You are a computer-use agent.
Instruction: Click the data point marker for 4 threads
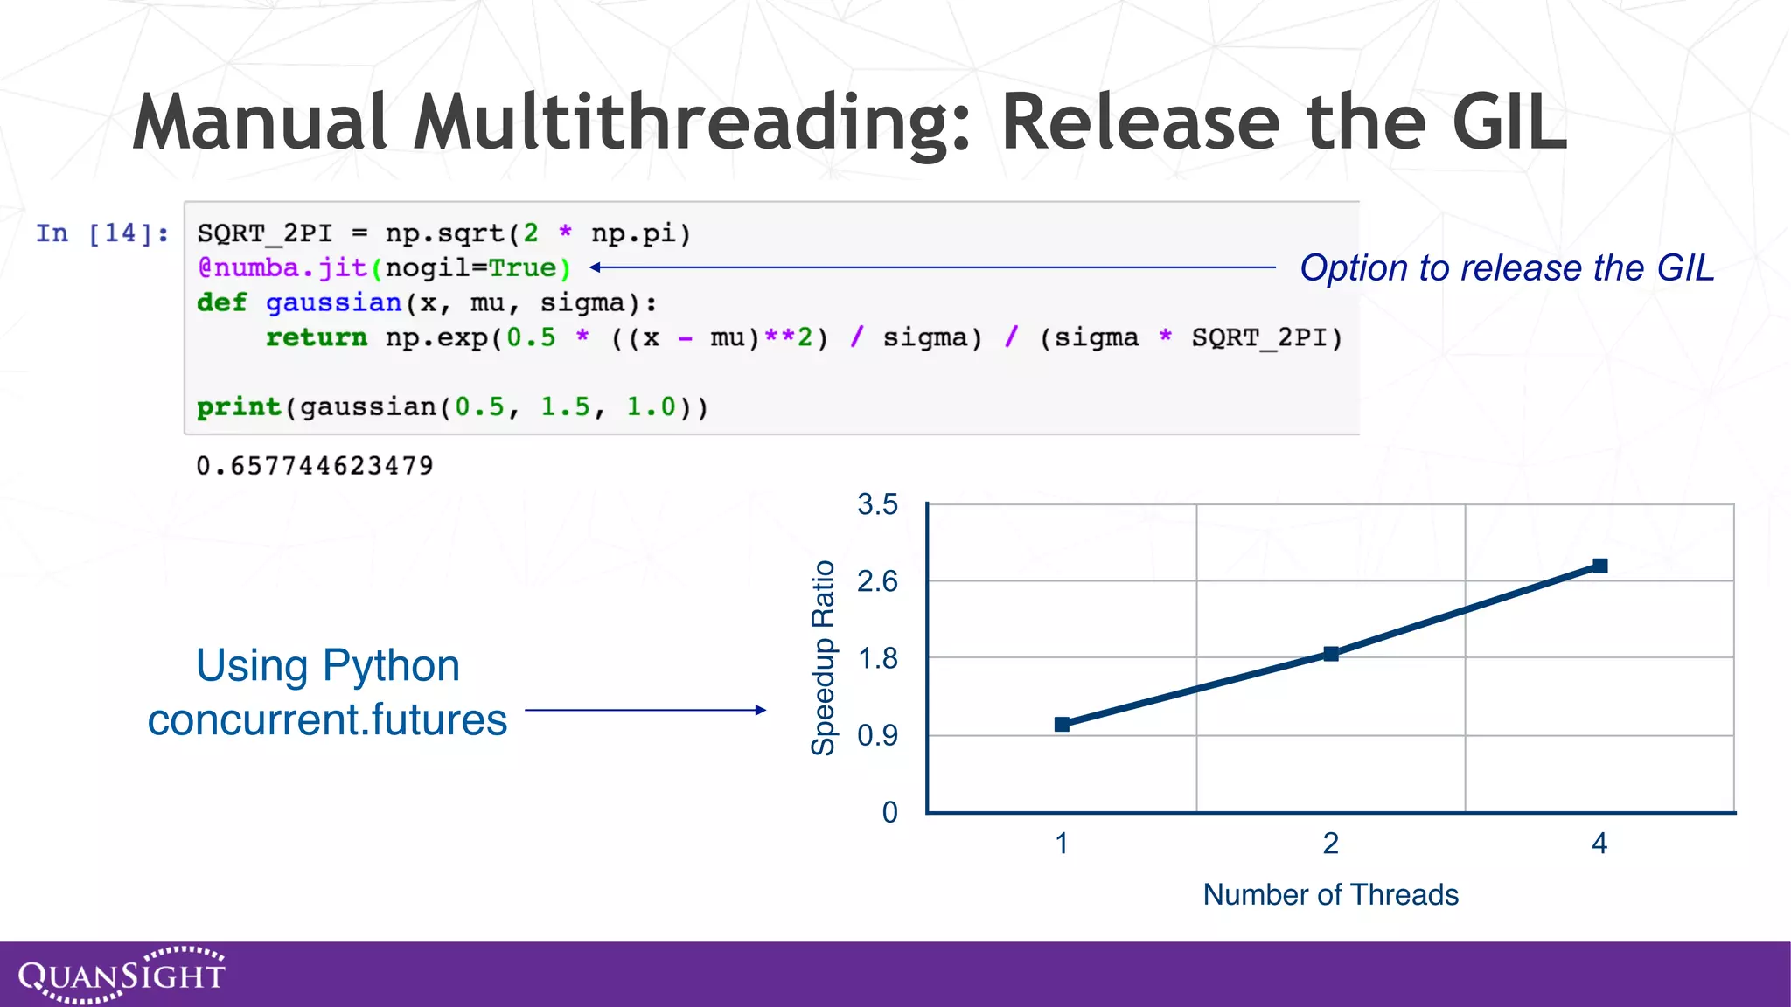(x=1599, y=566)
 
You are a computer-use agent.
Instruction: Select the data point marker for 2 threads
(x=1331, y=654)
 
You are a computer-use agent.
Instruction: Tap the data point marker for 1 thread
(x=1062, y=724)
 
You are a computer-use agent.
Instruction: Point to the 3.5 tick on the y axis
(x=877, y=504)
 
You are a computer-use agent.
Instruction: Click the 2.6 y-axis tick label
(x=877, y=581)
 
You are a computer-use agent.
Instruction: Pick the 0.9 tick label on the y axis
(x=877, y=736)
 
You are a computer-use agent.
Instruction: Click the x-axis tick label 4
(x=1599, y=844)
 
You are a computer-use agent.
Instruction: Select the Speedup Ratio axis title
(x=823, y=657)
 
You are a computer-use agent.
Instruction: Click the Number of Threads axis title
(x=1330, y=894)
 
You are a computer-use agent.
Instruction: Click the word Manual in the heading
(x=261, y=122)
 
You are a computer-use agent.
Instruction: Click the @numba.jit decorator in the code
(x=282, y=268)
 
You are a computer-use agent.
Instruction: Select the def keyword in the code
(x=221, y=302)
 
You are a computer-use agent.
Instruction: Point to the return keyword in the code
(x=316, y=337)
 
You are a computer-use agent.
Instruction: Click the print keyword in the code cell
(x=238, y=407)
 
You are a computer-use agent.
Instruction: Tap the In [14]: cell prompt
(x=102, y=233)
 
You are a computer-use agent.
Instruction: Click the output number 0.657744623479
(x=315, y=466)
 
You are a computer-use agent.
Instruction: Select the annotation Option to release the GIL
(x=1506, y=268)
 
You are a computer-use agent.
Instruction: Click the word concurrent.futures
(x=327, y=720)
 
